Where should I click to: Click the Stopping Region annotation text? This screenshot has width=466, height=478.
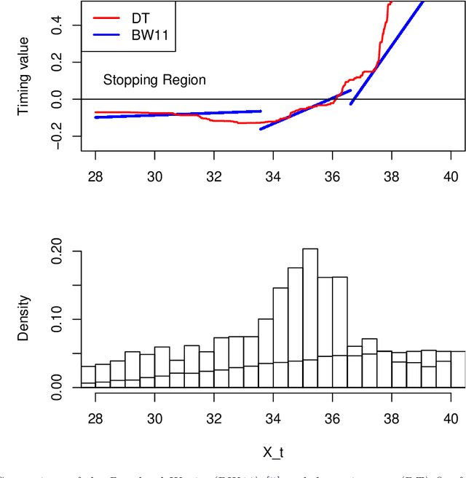click(x=154, y=80)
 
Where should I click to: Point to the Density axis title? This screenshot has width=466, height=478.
click(x=24, y=318)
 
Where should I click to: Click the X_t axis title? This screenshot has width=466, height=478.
click(x=272, y=453)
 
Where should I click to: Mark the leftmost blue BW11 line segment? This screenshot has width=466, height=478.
click(x=178, y=114)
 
